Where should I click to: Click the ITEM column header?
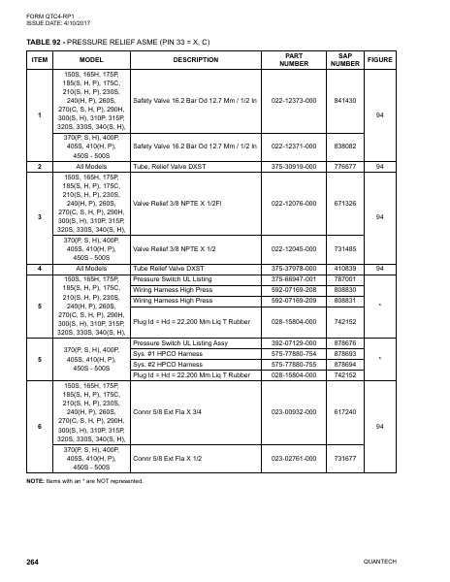40,60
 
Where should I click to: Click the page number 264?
32,563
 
